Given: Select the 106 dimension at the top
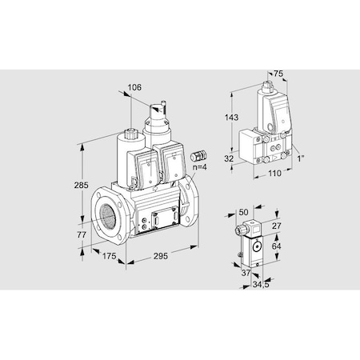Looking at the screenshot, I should (x=134, y=88).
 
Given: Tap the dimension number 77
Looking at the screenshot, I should (x=71, y=237).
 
